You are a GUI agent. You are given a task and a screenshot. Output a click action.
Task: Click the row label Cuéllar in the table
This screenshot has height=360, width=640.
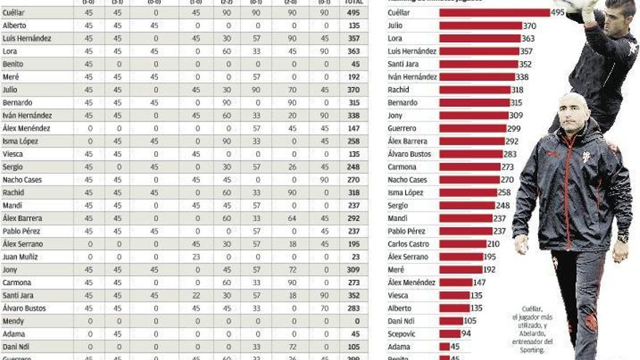click(x=16, y=13)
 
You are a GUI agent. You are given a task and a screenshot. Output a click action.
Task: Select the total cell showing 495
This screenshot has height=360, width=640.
click(x=353, y=13)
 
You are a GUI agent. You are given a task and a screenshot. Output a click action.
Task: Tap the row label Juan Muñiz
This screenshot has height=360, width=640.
click(x=20, y=257)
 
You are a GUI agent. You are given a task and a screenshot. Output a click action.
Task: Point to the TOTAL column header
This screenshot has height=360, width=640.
click(x=353, y=2)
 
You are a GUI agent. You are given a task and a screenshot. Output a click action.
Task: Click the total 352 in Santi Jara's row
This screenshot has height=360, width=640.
click(x=353, y=295)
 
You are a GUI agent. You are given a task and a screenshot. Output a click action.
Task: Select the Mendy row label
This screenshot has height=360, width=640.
click(x=14, y=321)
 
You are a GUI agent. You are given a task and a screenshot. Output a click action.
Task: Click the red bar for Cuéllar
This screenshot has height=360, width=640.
click(x=495, y=12)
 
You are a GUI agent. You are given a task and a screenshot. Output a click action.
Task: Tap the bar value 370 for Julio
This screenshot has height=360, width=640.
click(x=529, y=25)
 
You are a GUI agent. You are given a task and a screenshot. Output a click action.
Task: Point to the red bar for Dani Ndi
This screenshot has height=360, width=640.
click(x=451, y=321)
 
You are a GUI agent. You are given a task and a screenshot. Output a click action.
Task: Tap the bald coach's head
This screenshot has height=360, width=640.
click(x=574, y=107)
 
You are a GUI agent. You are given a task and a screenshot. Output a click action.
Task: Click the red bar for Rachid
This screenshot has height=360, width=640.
click(x=474, y=89)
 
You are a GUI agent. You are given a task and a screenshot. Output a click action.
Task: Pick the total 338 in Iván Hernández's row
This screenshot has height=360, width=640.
click(x=353, y=115)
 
